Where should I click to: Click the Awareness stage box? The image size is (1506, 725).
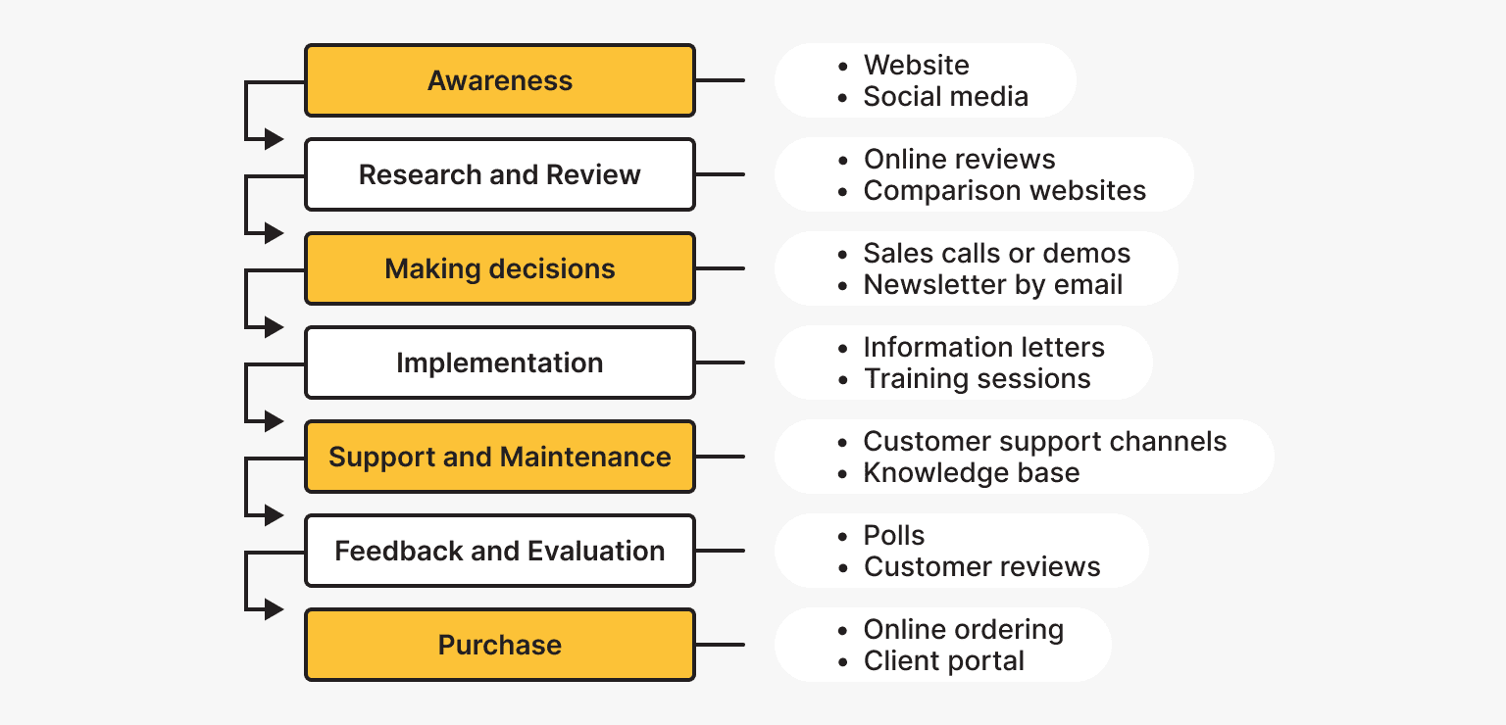(x=499, y=80)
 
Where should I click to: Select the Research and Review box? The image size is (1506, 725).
(x=499, y=174)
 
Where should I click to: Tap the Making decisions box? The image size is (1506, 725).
(x=499, y=268)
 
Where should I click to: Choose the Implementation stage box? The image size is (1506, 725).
(x=499, y=362)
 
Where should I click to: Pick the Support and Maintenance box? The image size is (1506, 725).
(x=499, y=457)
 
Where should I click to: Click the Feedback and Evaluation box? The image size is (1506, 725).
(x=499, y=551)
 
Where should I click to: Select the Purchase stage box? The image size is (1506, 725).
(x=499, y=645)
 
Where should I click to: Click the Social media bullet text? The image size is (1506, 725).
(x=945, y=97)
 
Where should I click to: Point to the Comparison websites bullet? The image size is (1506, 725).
(x=1004, y=191)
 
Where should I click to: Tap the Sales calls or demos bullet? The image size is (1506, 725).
(x=996, y=254)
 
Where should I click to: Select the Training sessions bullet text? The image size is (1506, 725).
(x=977, y=379)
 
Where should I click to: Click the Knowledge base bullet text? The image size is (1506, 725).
(x=971, y=473)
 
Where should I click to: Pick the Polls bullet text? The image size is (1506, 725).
(x=893, y=536)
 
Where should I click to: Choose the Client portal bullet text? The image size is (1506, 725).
(x=943, y=661)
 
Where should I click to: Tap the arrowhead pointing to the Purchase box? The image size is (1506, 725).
(x=275, y=609)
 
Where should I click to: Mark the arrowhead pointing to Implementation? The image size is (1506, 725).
(x=275, y=327)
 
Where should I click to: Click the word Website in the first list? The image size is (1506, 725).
(x=916, y=66)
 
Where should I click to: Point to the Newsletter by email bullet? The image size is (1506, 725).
(x=992, y=285)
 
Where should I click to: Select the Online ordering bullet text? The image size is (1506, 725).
(x=963, y=630)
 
